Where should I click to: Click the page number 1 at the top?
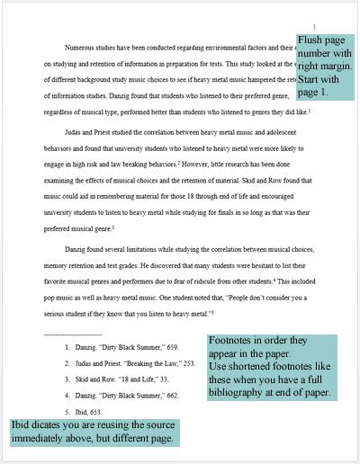[x=314, y=26]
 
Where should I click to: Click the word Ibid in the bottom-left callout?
[x=27, y=425]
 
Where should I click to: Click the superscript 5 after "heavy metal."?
[x=211, y=309]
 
